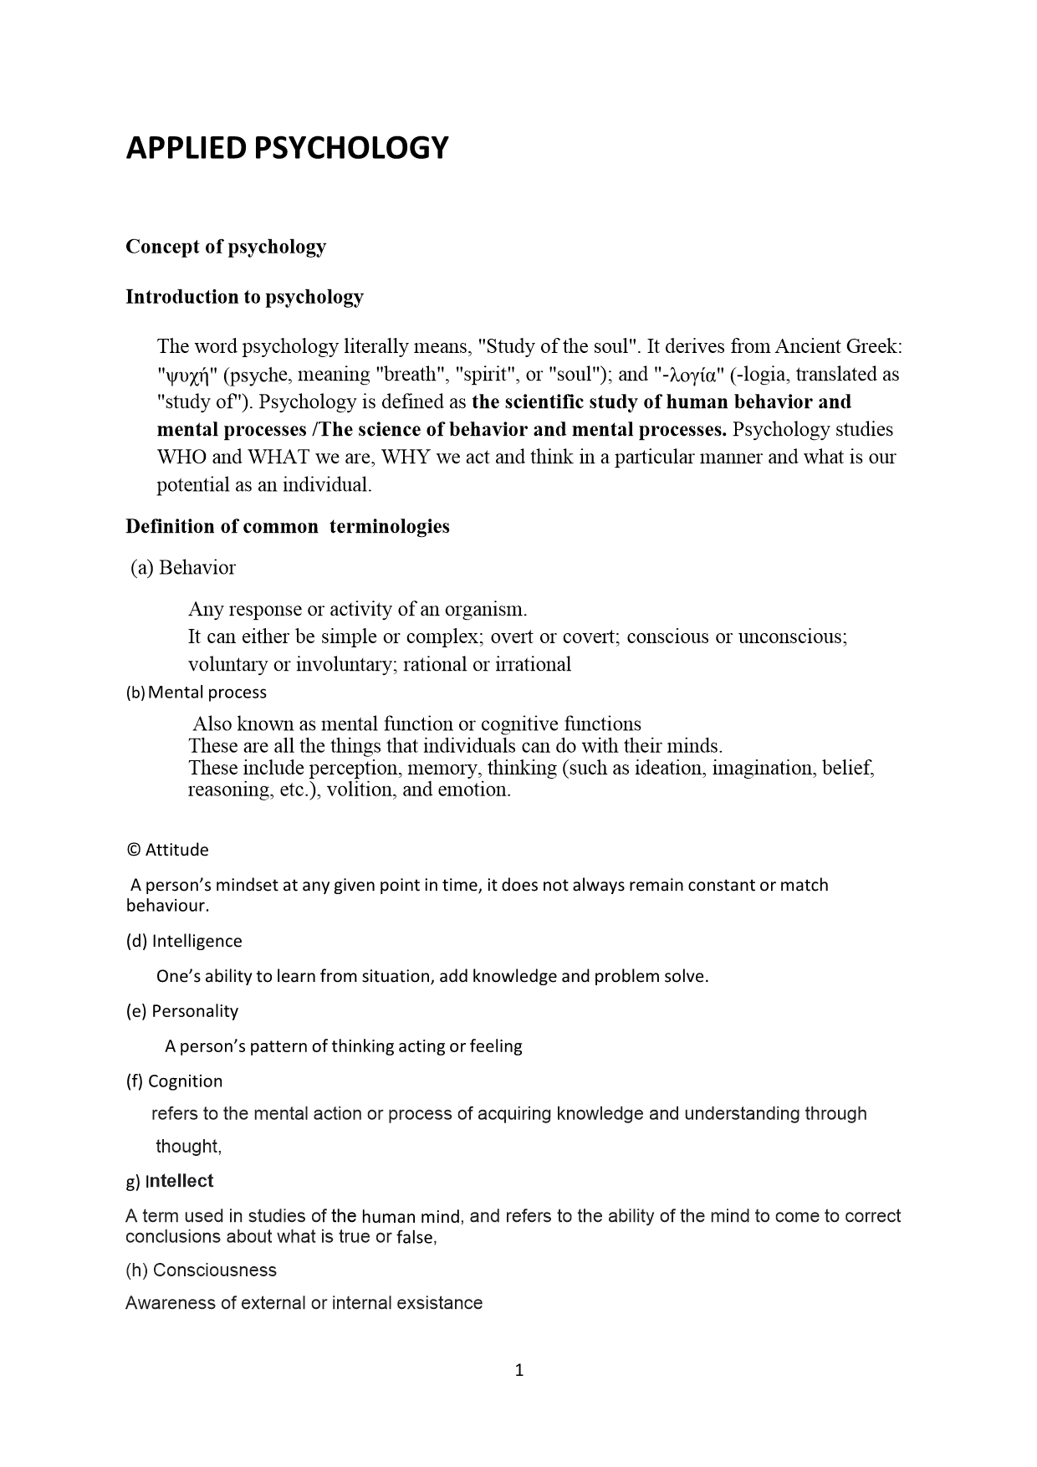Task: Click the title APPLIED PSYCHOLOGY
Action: click(287, 148)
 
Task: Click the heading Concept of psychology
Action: click(226, 247)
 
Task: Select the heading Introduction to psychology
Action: click(244, 297)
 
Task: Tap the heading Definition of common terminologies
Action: click(288, 526)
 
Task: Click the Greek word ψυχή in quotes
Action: click(184, 376)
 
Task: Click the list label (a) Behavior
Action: click(183, 568)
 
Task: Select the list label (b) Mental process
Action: click(197, 693)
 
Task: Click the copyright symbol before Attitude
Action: click(133, 850)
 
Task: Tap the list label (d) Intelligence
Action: click(184, 941)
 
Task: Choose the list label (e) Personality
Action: click(182, 1011)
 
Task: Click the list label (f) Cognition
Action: click(175, 1081)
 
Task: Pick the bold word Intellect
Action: click(180, 1181)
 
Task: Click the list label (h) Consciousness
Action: click(201, 1270)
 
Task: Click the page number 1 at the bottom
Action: click(518, 1370)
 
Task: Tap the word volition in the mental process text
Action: click(360, 790)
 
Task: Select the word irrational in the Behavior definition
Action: click(529, 664)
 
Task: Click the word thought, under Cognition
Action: click(188, 1147)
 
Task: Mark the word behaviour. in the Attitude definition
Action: click(167, 906)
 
